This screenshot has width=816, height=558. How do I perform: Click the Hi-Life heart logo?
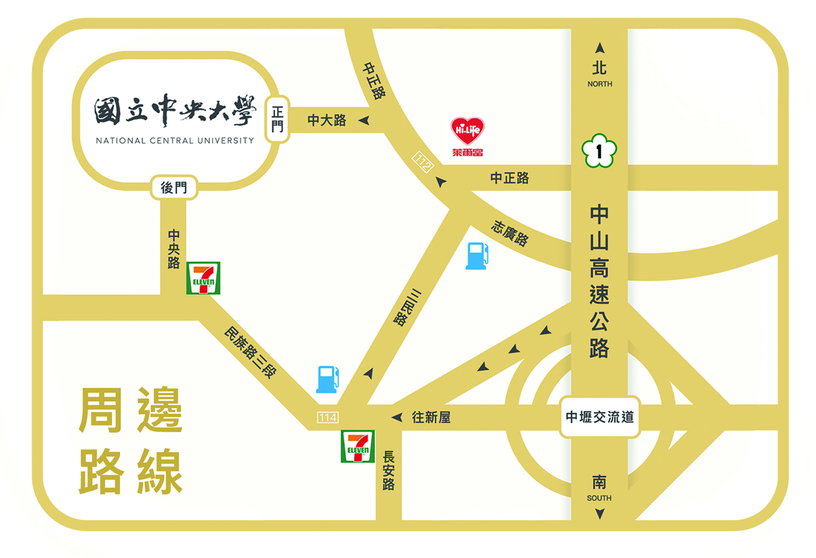[467, 131]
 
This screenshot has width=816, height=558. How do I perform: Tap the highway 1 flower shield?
[599, 151]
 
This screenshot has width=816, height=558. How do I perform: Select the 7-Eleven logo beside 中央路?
[203, 278]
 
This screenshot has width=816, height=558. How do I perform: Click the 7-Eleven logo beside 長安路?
[358, 446]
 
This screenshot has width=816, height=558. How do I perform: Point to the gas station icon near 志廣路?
[477, 256]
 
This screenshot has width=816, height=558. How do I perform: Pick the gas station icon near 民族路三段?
[327, 379]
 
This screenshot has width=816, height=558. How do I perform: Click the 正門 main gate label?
[278, 119]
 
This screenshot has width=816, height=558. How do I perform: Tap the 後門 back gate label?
[174, 188]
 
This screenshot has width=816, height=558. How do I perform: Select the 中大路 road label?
[326, 120]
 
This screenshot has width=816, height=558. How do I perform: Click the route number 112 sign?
[422, 162]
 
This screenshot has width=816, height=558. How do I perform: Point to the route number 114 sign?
[328, 417]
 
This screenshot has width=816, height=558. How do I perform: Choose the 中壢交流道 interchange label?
[599, 417]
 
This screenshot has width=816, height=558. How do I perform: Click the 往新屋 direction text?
[431, 417]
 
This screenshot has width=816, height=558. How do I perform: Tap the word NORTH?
[600, 84]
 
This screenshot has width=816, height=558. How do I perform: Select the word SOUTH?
[599, 498]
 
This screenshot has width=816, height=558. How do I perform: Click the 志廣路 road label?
[510, 233]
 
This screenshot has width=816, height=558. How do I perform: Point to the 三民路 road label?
[407, 307]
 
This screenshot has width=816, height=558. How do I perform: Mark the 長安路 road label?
[389, 471]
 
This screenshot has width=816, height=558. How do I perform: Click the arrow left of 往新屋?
[397, 417]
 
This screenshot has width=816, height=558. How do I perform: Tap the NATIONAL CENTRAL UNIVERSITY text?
[175, 141]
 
